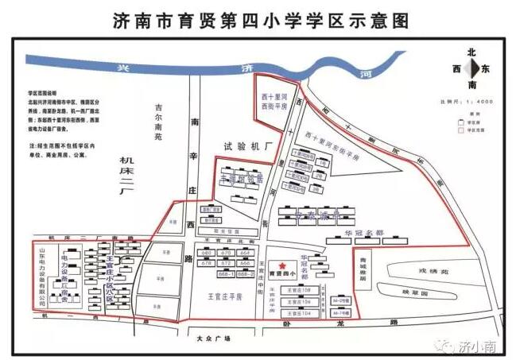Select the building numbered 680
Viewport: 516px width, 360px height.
coord(208,253)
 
